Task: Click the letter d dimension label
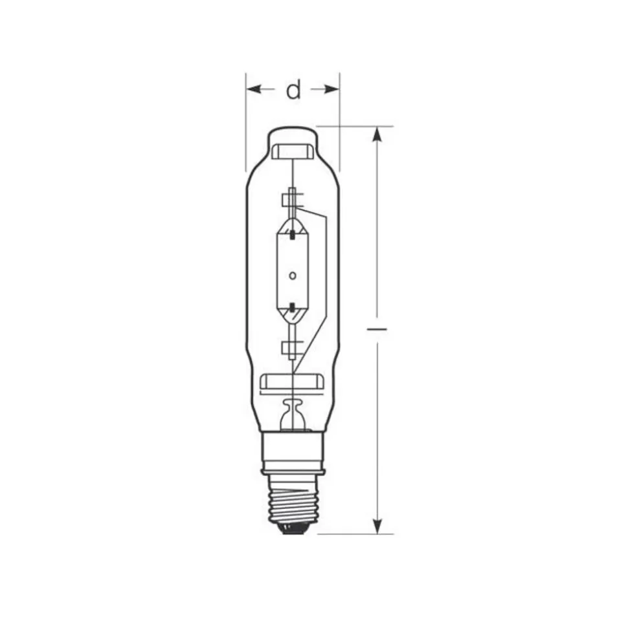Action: click(x=294, y=91)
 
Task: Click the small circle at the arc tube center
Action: click(x=293, y=276)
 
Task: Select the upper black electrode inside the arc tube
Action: click(x=293, y=233)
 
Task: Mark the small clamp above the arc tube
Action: click(x=291, y=197)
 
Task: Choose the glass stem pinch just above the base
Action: click(x=293, y=411)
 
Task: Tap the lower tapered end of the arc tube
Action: click(x=293, y=317)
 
